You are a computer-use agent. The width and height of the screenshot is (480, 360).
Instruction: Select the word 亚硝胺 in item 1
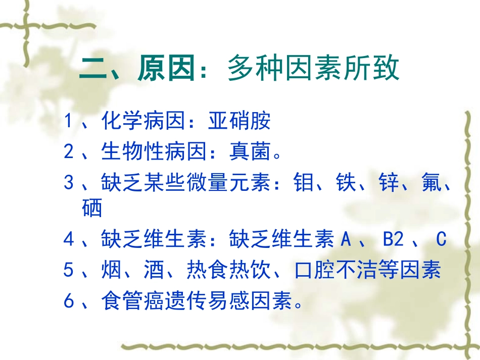click(x=239, y=122)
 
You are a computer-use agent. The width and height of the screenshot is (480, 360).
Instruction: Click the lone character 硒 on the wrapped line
click(x=91, y=208)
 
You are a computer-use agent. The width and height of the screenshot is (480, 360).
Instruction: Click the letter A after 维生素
click(x=346, y=239)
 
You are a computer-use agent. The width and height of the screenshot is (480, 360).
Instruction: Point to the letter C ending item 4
click(x=442, y=239)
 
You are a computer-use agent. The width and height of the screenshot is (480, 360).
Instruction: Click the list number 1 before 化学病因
click(x=69, y=122)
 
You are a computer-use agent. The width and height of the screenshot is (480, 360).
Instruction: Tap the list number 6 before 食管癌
click(x=69, y=301)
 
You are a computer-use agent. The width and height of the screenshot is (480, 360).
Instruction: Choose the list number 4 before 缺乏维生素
click(x=69, y=239)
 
